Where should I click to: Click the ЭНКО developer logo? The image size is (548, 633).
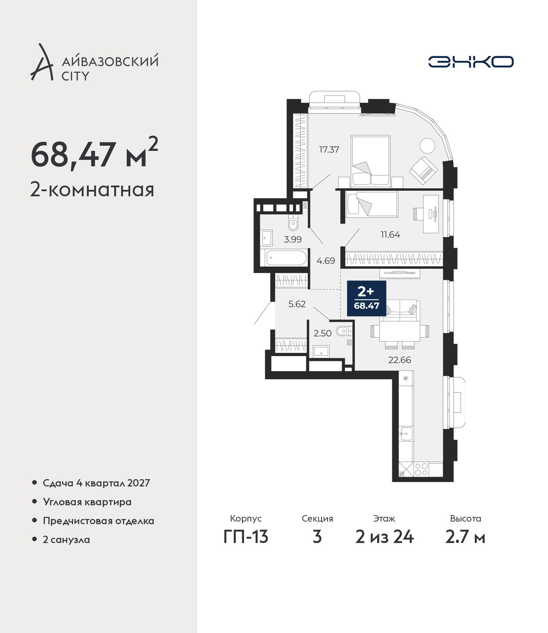pyautogui.click(x=471, y=62)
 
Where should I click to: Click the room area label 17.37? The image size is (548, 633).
pyautogui.click(x=329, y=150)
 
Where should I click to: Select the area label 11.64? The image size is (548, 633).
pyautogui.click(x=390, y=234)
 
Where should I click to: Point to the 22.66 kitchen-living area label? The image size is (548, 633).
pyautogui.click(x=399, y=360)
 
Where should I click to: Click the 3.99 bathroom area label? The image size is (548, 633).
pyautogui.click(x=293, y=239)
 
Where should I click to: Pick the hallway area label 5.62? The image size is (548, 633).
pyautogui.click(x=297, y=304)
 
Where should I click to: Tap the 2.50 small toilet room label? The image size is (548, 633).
pyautogui.click(x=322, y=333)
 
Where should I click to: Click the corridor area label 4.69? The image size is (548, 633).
pyautogui.click(x=325, y=261)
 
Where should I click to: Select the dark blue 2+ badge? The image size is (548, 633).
pyautogui.click(x=366, y=298)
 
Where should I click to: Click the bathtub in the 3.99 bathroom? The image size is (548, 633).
pyautogui.click(x=286, y=258)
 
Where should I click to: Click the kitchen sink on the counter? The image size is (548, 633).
pyautogui.click(x=406, y=434)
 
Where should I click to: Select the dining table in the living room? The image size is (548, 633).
pyautogui.click(x=399, y=331)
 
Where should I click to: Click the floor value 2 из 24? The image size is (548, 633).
pyautogui.click(x=384, y=537)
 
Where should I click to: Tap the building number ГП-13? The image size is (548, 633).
pyautogui.click(x=246, y=537)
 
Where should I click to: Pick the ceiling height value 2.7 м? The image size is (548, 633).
pyautogui.click(x=465, y=537)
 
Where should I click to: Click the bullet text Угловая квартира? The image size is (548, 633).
pyautogui.click(x=87, y=502)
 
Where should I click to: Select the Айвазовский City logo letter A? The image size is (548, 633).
pyautogui.click(x=42, y=62)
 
